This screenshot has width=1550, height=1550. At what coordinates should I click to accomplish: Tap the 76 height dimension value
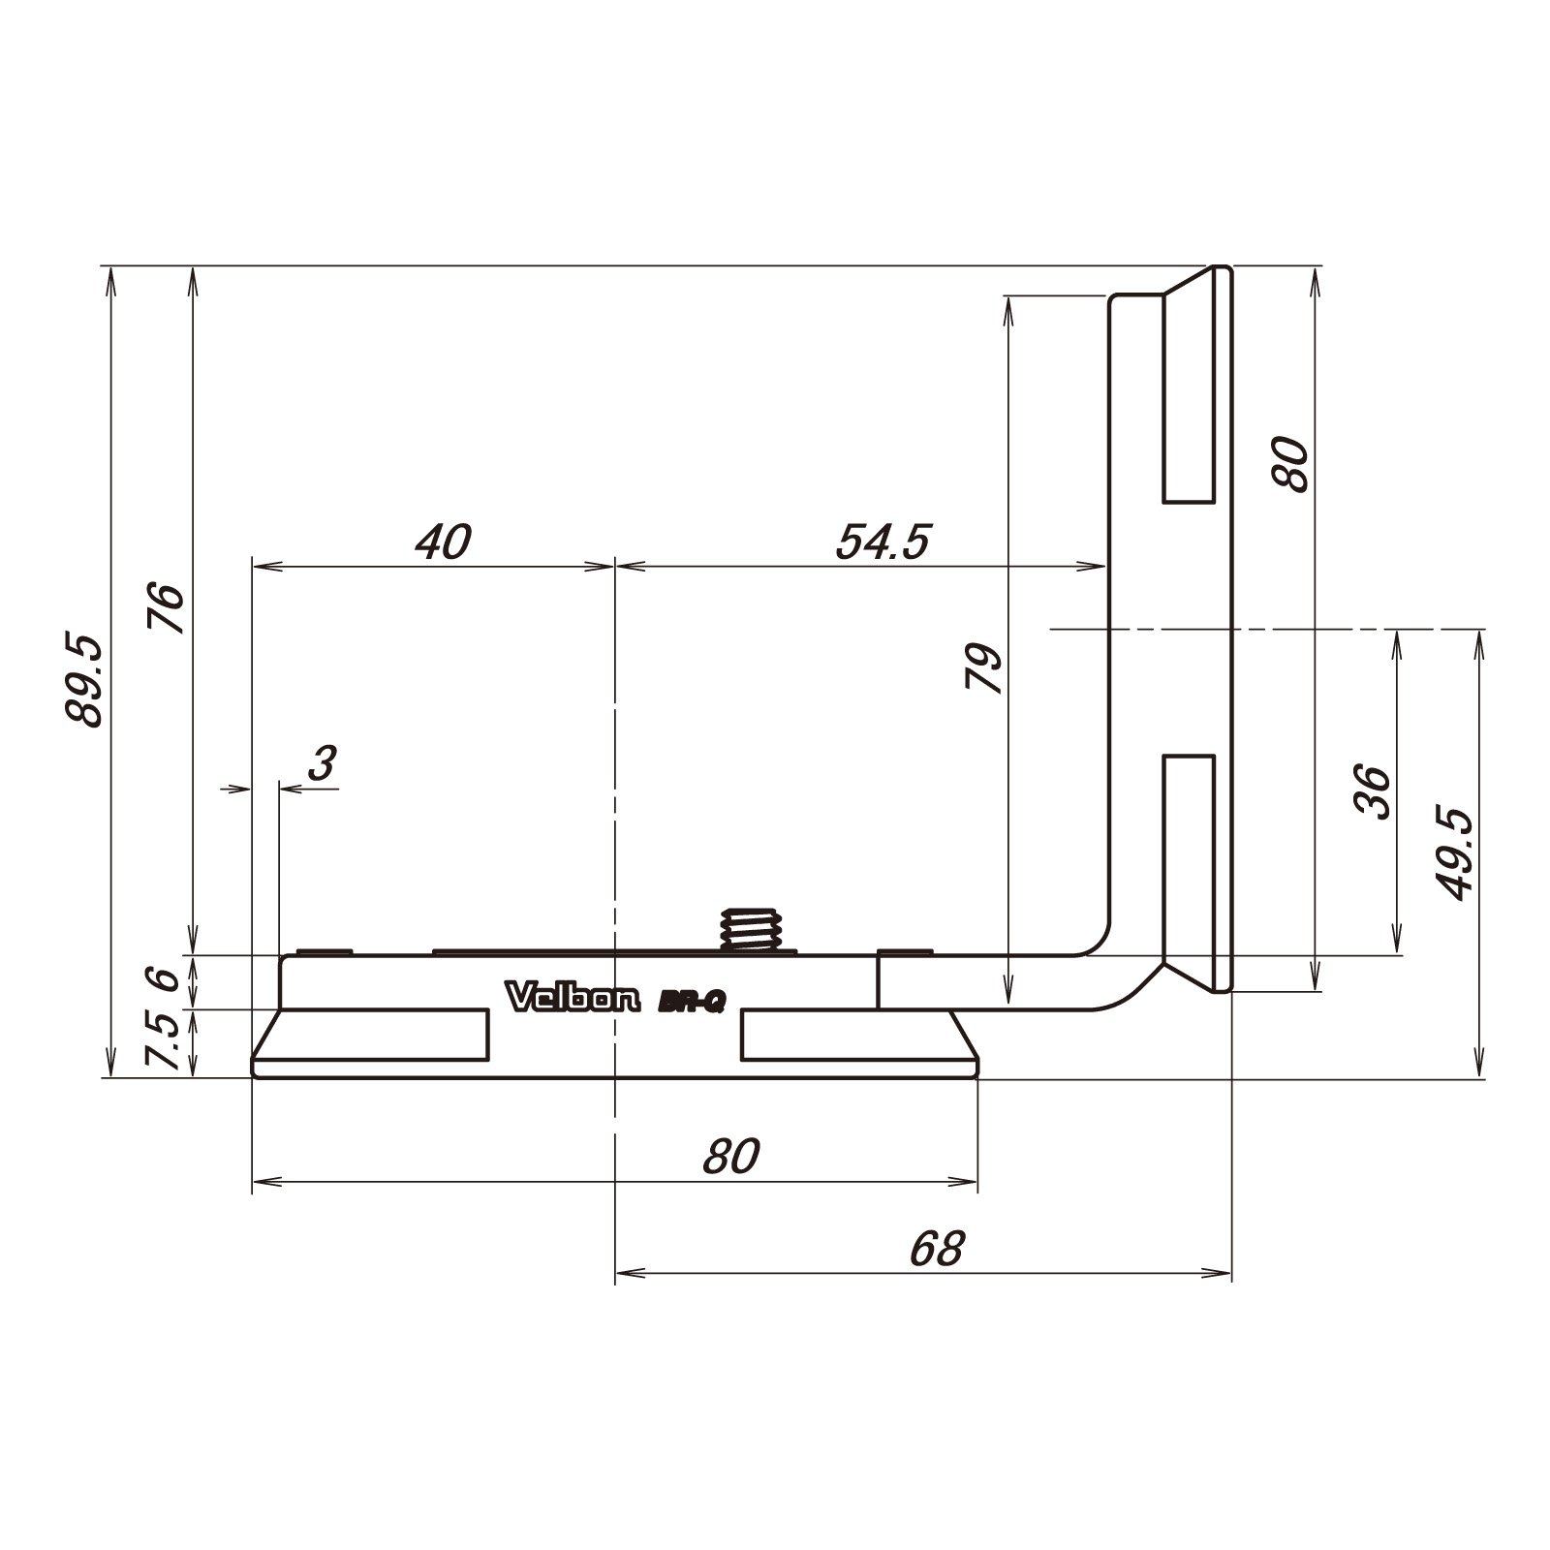[167, 608]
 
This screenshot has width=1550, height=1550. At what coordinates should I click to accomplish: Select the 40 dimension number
[443, 542]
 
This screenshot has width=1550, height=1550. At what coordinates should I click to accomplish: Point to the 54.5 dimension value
[883, 542]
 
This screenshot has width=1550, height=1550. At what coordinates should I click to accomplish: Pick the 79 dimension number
[984, 666]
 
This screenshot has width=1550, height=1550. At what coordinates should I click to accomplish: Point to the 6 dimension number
[167, 977]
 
